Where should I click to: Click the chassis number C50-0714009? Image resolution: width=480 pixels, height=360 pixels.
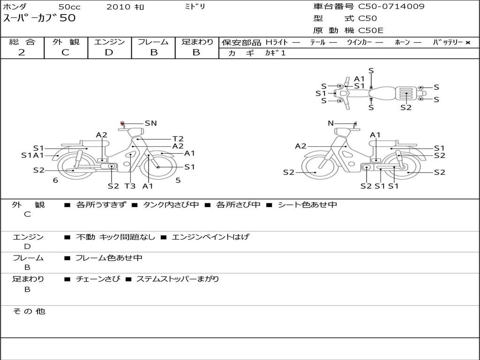pyautogui.click(x=391, y=6)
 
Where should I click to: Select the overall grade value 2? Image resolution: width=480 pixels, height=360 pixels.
pyautogui.click(x=22, y=52)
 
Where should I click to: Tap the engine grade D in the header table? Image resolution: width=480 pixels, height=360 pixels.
pyautogui.click(x=109, y=52)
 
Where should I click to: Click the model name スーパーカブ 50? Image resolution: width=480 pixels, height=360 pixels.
pyautogui.click(x=39, y=18)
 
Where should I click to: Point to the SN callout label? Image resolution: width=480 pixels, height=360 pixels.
pyautogui.click(x=150, y=123)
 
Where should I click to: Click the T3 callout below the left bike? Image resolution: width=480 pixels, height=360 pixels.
pyautogui.click(x=130, y=186)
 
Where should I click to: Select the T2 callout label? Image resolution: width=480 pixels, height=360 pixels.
pyautogui.click(x=178, y=139)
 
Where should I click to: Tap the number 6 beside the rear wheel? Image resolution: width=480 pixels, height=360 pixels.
pyautogui.click(x=55, y=180)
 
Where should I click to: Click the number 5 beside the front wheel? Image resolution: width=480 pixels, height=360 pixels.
pyautogui.click(x=178, y=180)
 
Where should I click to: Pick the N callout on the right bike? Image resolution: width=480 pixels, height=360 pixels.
pyautogui.click(x=330, y=123)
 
